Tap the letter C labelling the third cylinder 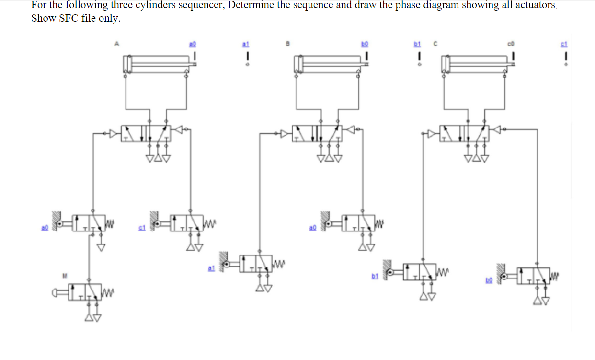pos(435,44)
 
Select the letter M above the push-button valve pos(64,275)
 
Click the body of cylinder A pos(158,62)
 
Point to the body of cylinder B pos(330,62)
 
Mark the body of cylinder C pos(477,62)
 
